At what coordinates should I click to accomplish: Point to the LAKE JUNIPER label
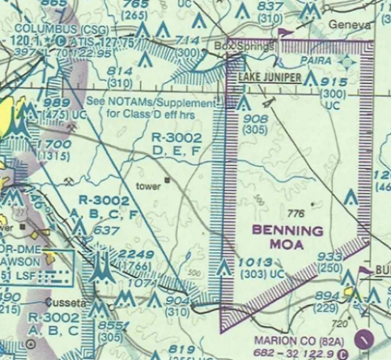point(270,78)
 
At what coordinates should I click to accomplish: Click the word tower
point(149,185)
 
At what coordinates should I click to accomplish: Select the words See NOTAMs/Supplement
point(163,104)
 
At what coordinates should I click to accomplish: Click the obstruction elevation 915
point(333,83)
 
